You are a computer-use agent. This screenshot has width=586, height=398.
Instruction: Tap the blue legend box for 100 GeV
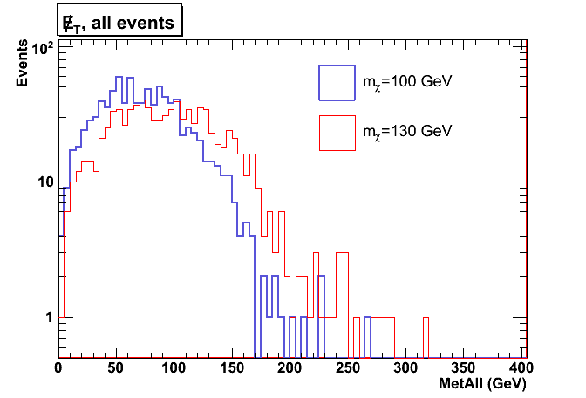click(x=337, y=82)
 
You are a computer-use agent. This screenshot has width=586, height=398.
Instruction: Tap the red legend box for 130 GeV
click(x=337, y=132)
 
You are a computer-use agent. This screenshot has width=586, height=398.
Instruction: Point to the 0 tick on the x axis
click(x=58, y=367)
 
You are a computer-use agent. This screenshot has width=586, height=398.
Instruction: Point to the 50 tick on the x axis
click(x=116, y=367)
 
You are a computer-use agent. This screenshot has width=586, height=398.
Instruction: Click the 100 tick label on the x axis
click(x=174, y=367)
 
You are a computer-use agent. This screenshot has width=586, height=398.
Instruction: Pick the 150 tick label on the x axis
click(x=232, y=367)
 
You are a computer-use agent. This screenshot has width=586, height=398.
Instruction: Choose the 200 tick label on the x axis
click(x=290, y=367)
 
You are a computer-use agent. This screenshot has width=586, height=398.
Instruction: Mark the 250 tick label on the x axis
click(x=348, y=367)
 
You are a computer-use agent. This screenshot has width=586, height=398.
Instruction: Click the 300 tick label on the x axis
click(x=405, y=367)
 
